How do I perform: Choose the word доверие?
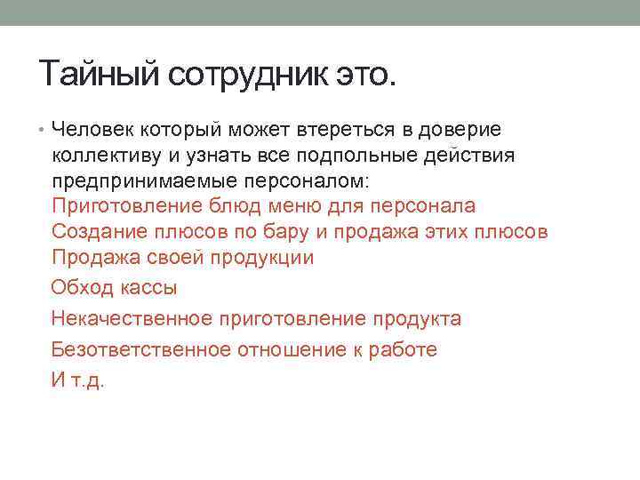pos(459,130)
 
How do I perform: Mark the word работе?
pos(409,349)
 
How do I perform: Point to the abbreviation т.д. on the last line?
pos(87,380)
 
